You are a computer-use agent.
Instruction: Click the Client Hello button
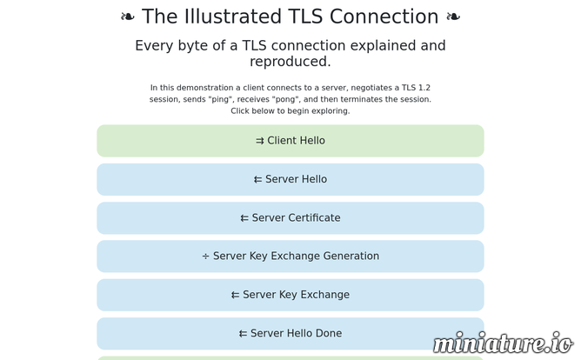(x=290, y=141)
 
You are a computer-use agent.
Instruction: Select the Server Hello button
(x=290, y=179)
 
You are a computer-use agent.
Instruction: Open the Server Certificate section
(x=290, y=217)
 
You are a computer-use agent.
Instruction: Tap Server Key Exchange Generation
(x=290, y=257)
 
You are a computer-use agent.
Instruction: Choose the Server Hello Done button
(x=290, y=333)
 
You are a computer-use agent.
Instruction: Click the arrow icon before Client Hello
(x=260, y=141)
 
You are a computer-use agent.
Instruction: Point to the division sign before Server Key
(x=205, y=257)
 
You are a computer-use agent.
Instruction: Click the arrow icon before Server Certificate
(x=244, y=218)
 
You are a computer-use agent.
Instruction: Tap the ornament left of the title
(x=128, y=17)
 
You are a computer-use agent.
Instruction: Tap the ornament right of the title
(x=453, y=17)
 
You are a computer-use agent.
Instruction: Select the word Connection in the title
(x=384, y=17)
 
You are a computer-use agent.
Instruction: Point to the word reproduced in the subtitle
(x=290, y=62)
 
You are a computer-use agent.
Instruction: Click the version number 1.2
(x=424, y=88)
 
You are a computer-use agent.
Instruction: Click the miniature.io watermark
(x=503, y=343)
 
